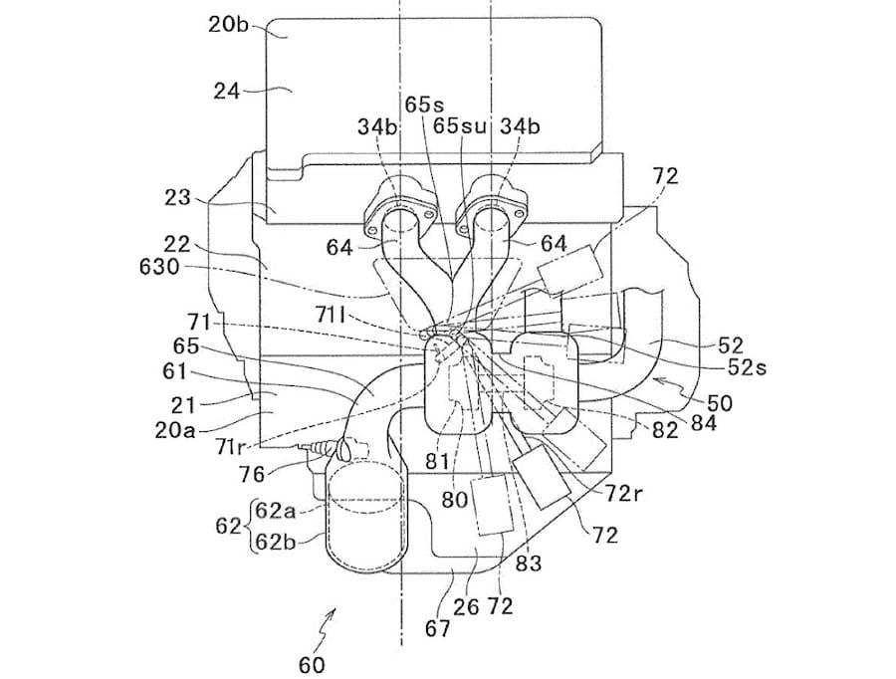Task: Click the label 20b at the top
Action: [228, 26]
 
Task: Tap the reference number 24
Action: [227, 91]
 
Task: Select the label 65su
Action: [459, 125]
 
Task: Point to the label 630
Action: [159, 267]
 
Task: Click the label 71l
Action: [330, 314]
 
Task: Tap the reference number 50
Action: [720, 402]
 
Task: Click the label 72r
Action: [624, 493]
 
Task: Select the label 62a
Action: [276, 511]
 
